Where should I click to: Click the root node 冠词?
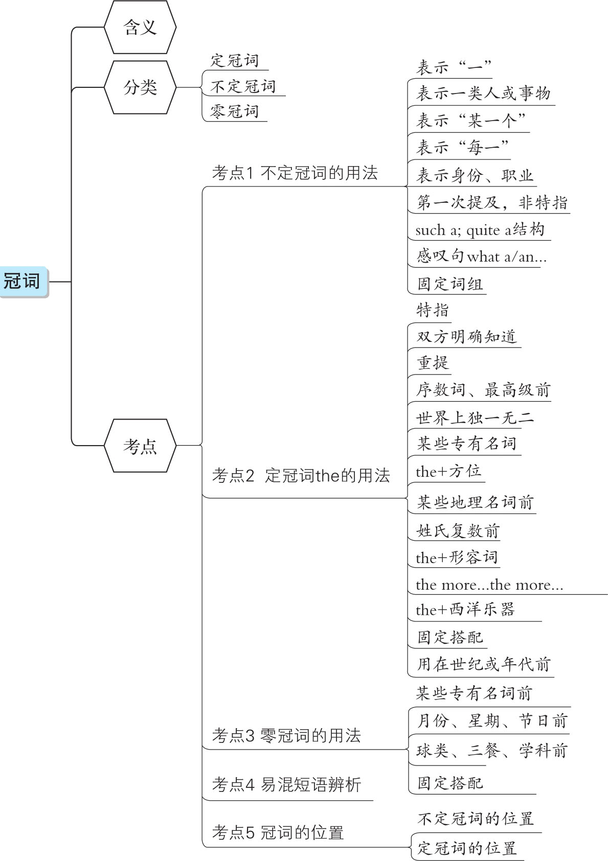[x=22, y=281]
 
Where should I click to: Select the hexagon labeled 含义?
[x=140, y=28]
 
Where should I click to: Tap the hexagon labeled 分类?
[x=140, y=87]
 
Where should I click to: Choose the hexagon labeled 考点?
[x=140, y=446]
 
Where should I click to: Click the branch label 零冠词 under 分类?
[x=235, y=111]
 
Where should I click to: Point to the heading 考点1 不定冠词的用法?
[x=295, y=173]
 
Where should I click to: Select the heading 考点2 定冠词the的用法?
[x=301, y=476]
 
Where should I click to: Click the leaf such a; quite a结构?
[x=480, y=230]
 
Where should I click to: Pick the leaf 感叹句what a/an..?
[x=481, y=256]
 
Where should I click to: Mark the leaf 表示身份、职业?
[x=475, y=175]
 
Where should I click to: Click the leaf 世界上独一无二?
[x=475, y=418]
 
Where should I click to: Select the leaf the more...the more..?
[x=489, y=585]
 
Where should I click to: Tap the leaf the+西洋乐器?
[x=465, y=610]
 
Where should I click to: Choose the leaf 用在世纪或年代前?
[x=483, y=664]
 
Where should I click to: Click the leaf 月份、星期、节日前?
[x=492, y=721]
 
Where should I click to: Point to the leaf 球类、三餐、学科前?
[x=492, y=750]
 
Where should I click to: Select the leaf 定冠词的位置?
[x=467, y=848]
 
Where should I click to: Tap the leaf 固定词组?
[x=450, y=284]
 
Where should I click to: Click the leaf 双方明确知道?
[x=466, y=337]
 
